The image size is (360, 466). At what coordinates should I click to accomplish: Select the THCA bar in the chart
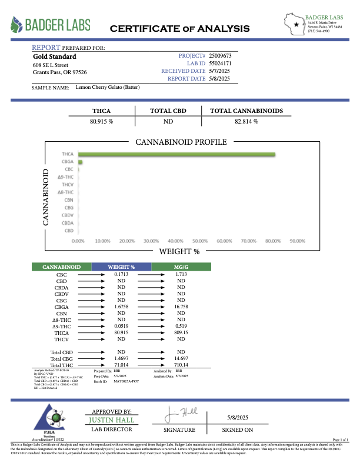pos(176,155)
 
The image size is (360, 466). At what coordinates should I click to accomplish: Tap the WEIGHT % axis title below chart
pos(179,252)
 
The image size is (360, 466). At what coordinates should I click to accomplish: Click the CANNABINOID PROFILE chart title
pos(181,142)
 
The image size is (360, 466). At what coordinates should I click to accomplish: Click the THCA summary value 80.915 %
pos(101,121)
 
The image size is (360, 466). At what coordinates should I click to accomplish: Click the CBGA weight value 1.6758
pos(120,307)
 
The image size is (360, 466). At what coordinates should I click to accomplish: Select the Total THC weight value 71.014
pos(120,365)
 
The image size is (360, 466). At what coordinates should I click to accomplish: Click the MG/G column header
pos(181,267)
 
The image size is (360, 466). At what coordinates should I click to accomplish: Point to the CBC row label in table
pos(61,275)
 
